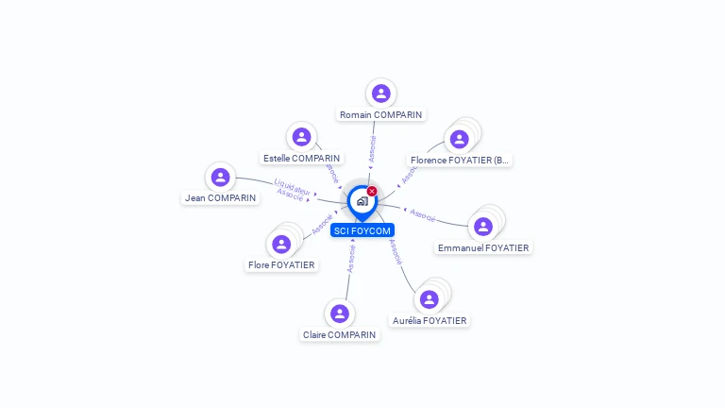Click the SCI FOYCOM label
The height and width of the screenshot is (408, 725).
(362, 230)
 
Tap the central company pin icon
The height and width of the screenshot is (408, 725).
(362, 201)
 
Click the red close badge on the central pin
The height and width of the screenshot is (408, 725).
(372, 192)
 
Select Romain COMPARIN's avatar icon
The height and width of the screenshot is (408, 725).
(381, 93)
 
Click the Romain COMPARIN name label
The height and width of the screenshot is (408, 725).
(381, 115)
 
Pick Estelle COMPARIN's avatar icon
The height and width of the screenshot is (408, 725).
(301, 137)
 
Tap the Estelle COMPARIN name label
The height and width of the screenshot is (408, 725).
(302, 159)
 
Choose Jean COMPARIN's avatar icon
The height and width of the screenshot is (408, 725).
(220, 177)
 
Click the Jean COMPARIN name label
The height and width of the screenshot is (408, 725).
(221, 198)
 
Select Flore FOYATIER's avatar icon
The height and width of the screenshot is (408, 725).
(281, 244)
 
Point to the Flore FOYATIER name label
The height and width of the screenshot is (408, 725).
(281, 265)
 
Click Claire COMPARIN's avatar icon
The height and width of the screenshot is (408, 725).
(340, 314)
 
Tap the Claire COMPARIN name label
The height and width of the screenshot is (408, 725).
(340, 335)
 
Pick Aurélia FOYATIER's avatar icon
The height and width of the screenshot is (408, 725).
(430, 299)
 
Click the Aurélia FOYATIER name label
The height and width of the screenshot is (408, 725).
(430, 321)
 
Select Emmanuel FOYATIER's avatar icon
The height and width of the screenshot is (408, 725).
(483, 227)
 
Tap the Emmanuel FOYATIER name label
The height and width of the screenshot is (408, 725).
(484, 248)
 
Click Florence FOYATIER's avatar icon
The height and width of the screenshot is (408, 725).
(460, 139)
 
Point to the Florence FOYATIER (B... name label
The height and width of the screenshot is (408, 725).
(460, 161)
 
